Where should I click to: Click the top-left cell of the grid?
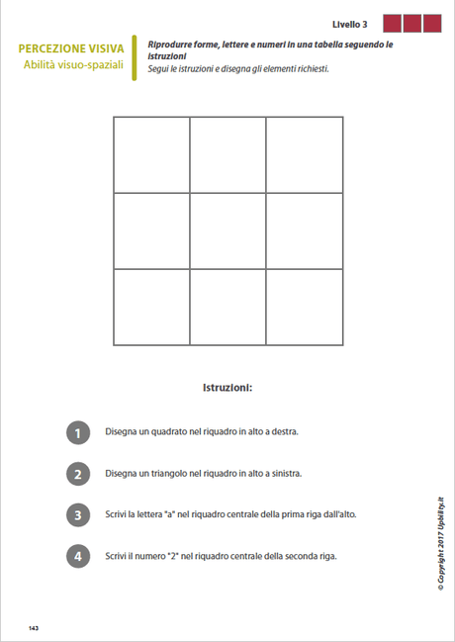click(x=151, y=154)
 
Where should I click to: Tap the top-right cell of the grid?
click(x=305, y=154)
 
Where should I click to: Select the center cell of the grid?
click(x=227, y=230)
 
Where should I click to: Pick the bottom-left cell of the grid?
click(x=151, y=307)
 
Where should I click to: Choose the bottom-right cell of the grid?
click(x=305, y=307)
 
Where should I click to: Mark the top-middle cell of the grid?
click(x=227, y=154)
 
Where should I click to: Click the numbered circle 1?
click(x=78, y=432)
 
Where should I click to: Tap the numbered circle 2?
click(x=78, y=474)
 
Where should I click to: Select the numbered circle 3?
click(x=78, y=514)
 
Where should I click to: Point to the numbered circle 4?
click(x=78, y=556)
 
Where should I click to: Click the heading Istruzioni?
click(x=227, y=387)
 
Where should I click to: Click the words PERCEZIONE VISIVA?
click(x=71, y=48)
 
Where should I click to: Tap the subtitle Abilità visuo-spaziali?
click(x=74, y=65)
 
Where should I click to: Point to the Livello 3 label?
click(x=350, y=24)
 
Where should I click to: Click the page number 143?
click(x=34, y=628)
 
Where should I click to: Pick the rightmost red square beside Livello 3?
click(x=431, y=24)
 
